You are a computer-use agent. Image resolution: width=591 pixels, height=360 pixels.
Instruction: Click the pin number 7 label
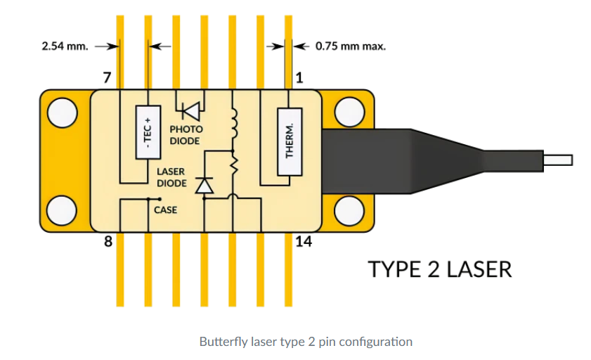106,78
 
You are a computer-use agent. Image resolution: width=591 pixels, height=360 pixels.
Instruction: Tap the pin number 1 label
299,78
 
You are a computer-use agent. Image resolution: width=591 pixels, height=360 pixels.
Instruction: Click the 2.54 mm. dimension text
65,47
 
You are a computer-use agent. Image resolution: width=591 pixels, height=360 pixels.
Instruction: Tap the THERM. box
290,141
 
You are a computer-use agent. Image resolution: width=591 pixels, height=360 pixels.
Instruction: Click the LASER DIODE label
171,177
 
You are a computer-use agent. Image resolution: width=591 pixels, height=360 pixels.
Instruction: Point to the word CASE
165,210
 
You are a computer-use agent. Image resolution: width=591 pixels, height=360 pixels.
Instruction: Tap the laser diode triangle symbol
204,185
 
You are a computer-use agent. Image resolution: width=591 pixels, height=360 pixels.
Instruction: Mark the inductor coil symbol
233,123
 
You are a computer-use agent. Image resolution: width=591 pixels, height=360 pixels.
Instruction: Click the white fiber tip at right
559,160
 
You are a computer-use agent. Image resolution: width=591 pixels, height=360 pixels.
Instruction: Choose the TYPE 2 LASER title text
441,269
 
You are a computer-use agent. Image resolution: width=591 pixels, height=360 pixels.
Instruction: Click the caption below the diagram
306,342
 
